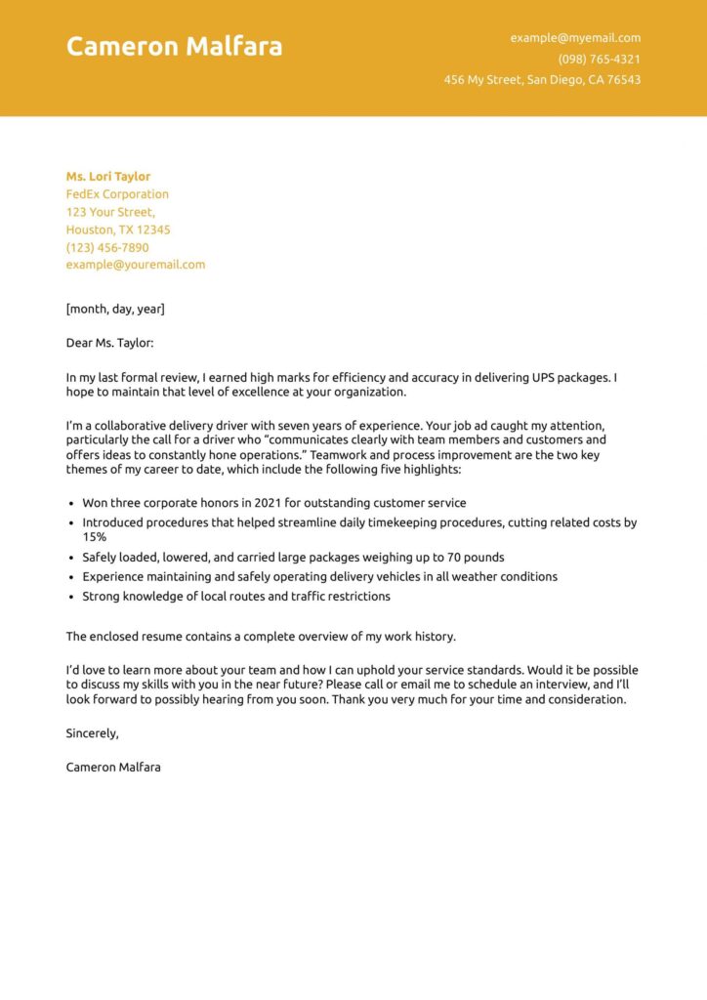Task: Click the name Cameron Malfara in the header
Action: pos(174,46)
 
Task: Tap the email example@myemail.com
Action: pos(575,38)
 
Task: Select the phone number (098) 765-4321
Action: pos(600,59)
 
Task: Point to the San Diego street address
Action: pos(542,80)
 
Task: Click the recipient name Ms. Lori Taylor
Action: pos(108,177)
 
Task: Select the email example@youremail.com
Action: pos(136,265)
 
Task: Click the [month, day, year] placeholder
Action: pos(115,309)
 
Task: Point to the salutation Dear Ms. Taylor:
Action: pos(110,343)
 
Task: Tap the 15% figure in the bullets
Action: pos(95,537)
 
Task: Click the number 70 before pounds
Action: pos(456,558)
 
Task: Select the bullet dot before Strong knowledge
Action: pos(71,597)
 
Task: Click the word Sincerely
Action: pos(92,732)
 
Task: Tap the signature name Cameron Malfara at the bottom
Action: pos(113,768)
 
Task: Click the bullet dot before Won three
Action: pos(71,504)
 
